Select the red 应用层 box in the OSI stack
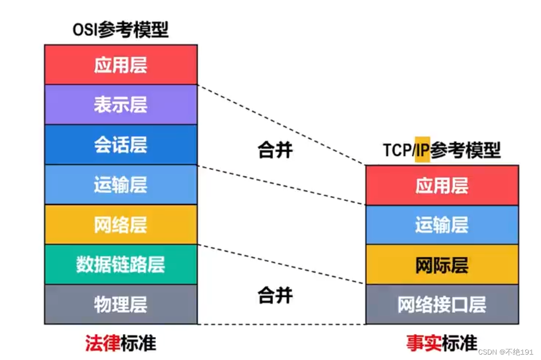coord(121,65)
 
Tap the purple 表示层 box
coord(121,105)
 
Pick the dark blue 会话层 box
coord(121,145)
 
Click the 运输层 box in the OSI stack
coord(121,185)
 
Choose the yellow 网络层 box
coord(121,225)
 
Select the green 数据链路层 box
coord(121,265)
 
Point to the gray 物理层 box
coord(121,304)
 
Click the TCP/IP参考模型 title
coord(442,150)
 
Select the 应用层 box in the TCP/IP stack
coord(442,185)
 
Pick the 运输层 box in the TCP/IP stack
coord(442,225)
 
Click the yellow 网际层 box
coord(442,265)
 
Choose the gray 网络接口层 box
coord(442,304)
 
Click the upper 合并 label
coord(275,150)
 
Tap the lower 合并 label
coord(275,296)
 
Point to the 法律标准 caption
coord(121,343)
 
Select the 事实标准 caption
coord(442,343)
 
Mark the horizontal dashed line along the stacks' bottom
coord(282,324)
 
